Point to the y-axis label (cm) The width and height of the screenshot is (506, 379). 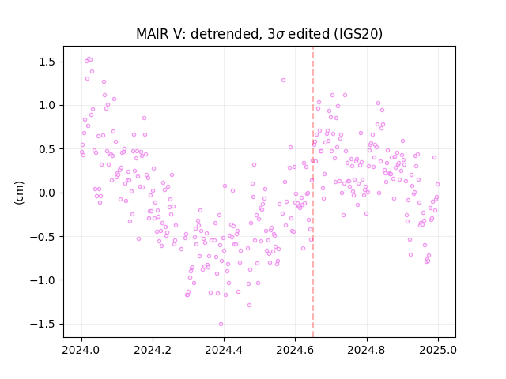pyautogui.click(x=19, y=193)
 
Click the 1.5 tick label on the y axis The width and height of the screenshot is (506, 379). pyautogui.click(x=48, y=62)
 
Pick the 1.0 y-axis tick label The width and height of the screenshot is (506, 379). pyautogui.click(x=48, y=105)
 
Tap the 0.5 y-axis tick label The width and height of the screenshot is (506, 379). pyautogui.click(x=48, y=149)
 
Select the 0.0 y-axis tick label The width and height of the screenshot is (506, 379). pyautogui.click(x=48, y=193)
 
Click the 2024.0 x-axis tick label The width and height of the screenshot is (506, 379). pyautogui.click(x=81, y=350)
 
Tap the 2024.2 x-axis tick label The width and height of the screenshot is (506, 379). pyautogui.click(x=153, y=350)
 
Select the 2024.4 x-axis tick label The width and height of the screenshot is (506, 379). pyautogui.click(x=224, y=350)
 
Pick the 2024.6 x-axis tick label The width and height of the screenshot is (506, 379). pyautogui.click(x=295, y=350)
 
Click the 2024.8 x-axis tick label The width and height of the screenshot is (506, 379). pyautogui.click(x=367, y=350)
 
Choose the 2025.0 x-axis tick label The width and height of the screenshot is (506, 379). pyautogui.click(x=438, y=350)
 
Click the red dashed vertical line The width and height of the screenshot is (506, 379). pyautogui.click(x=313, y=192)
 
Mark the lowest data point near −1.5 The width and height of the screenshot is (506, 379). pyautogui.click(x=221, y=324)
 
